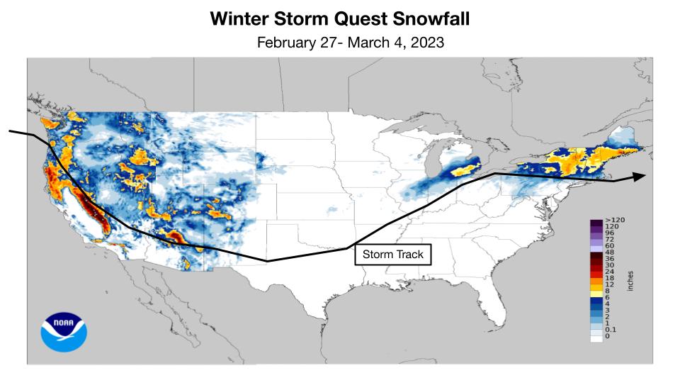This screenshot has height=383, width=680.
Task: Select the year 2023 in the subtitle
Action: click(426, 43)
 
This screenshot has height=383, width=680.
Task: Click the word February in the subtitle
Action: click(286, 43)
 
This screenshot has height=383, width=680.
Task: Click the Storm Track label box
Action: click(392, 254)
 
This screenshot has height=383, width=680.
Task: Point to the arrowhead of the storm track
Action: click(639, 177)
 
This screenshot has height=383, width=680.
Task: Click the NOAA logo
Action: click(64, 332)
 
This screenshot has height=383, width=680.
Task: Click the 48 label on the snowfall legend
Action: click(610, 252)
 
